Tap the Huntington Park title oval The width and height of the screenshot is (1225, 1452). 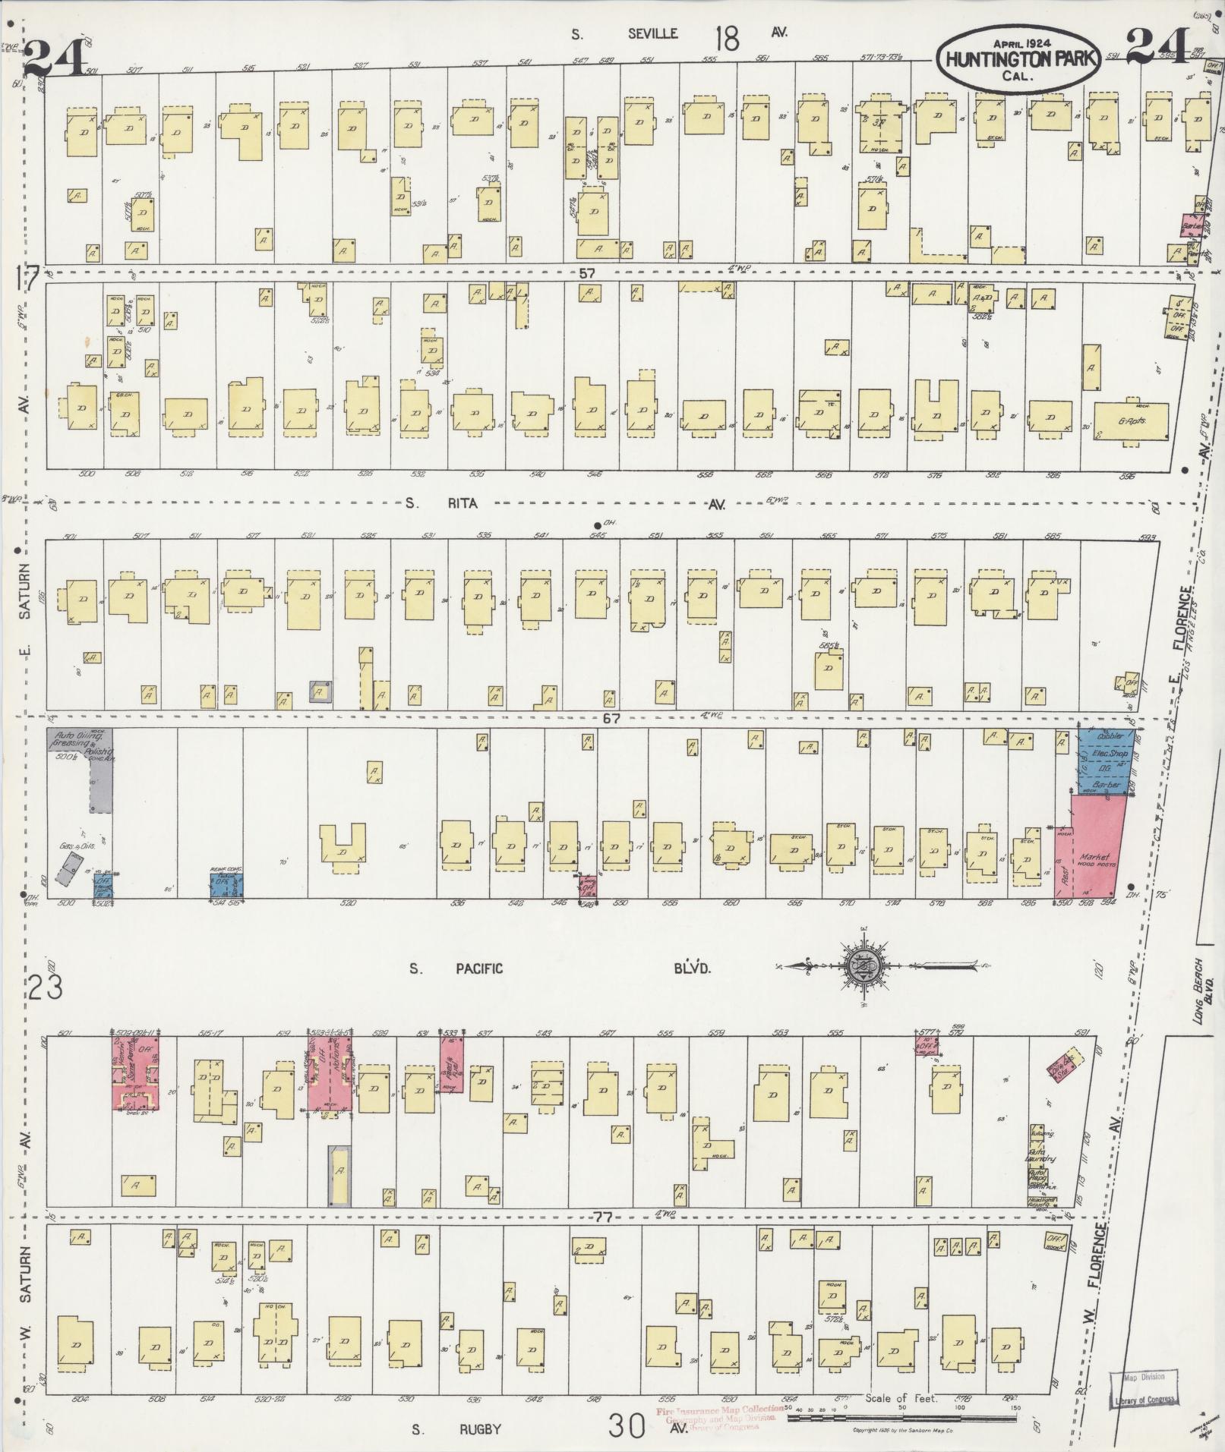[x=1015, y=56]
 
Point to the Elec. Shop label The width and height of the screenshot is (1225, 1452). [x=1108, y=756]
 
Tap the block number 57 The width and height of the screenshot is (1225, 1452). [x=586, y=273]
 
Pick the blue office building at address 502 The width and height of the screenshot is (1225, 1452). [x=103, y=885]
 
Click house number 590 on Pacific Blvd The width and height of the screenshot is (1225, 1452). [x=1061, y=903]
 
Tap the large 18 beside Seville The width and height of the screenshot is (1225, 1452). [x=727, y=37]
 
